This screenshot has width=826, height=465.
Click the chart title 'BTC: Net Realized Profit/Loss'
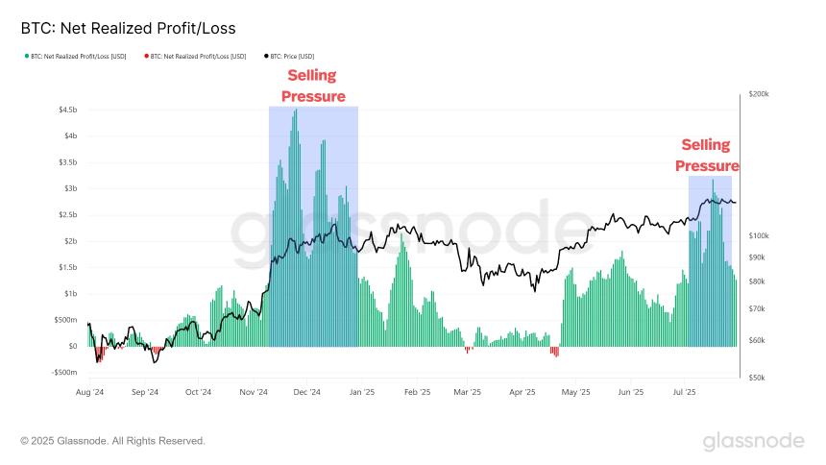coord(128,29)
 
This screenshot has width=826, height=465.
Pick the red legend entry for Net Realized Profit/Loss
coord(193,57)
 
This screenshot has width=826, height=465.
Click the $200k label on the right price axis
coord(757,95)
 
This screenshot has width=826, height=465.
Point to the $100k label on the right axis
coord(757,236)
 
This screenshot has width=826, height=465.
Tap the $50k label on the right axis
coord(755,379)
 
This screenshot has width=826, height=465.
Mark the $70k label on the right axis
coord(755,309)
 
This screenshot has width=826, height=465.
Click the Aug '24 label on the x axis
coord(89,392)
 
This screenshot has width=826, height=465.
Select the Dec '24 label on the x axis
coord(307,392)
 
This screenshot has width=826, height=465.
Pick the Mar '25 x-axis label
coord(467,392)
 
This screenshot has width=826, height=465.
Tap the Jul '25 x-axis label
coord(685,392)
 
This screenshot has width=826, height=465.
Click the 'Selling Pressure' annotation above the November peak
coord(313,86)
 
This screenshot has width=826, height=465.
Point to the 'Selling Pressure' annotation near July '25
coord(706,156)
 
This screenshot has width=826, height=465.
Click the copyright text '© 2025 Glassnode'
coord(112,441)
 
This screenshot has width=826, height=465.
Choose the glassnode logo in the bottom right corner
coord(753,441)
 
